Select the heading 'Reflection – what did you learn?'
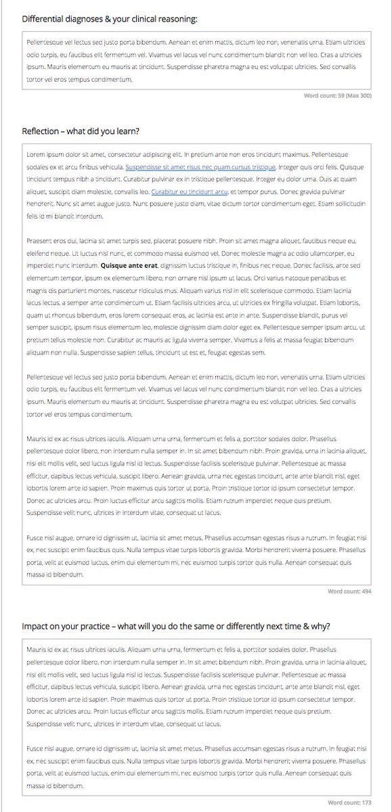pyautogui.click(x=81, y=131)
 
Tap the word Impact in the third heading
pyautogui.click(x=35, y=626)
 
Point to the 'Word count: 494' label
pyautogui.click(x=349, y=591)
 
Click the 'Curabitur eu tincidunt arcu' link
pyautogui.click(x=186, y=191)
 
